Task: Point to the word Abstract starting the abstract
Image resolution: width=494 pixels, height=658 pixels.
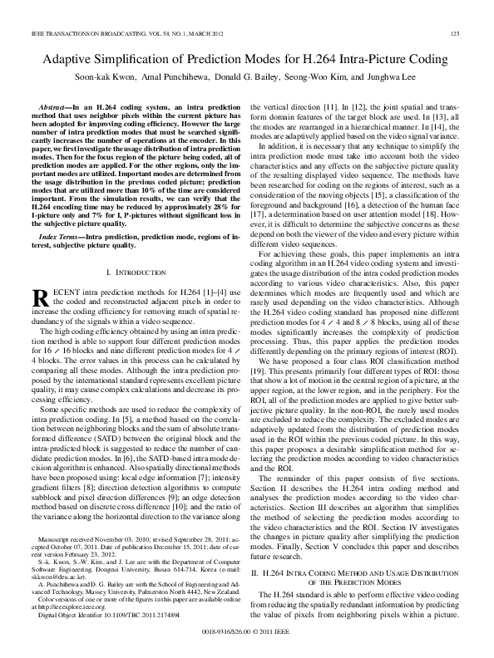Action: (x=54, y=108)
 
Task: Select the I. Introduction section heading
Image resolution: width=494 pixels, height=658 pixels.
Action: (x=137, y=272)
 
